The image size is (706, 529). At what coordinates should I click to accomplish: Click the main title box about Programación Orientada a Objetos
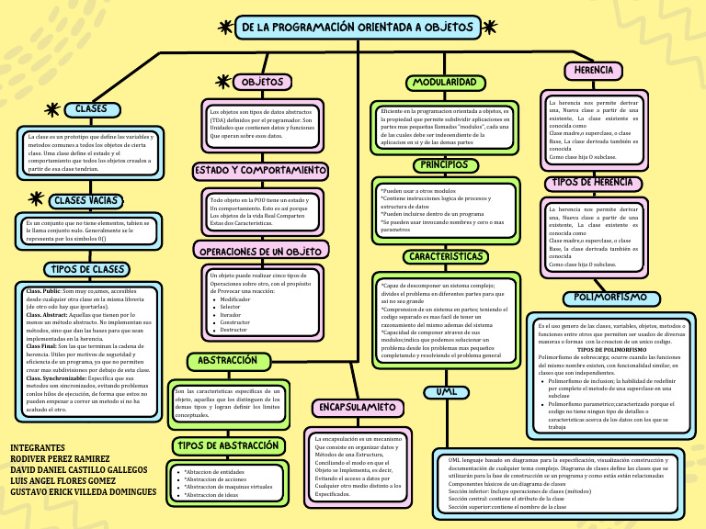tap(358, 28)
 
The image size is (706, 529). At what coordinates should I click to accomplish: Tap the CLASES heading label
tap(92, 109)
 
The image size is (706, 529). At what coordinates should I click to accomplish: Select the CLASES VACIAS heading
tap(85, 200)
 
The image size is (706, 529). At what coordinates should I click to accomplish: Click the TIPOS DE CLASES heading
tap(85, 269)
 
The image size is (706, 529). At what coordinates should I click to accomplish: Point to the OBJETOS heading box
tap(263, 83)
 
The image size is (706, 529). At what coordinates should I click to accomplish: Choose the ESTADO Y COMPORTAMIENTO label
tap(260, 171)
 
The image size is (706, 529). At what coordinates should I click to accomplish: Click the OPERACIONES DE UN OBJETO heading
tap(259, 251)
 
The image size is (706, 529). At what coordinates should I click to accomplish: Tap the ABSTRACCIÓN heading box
tap(227, 361)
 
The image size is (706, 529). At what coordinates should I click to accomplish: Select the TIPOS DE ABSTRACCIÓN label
tap(225, 445)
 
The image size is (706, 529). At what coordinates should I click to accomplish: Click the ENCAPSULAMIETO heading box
tap(357, 406)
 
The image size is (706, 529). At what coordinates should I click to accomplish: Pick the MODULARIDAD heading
tap(444, 83)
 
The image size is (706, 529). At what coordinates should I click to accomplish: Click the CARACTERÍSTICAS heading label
tap(446, 256)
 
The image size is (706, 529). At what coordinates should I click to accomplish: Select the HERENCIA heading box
tap(593, 70)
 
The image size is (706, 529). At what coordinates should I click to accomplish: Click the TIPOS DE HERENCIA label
tap(594, 183)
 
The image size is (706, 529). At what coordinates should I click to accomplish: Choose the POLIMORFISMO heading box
tap(610, 298)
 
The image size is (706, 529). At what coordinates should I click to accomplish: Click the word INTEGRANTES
tap(38, 446)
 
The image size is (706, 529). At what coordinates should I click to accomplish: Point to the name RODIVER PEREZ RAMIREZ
tap(60, 458)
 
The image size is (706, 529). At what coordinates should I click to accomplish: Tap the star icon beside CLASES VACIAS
tap(36, 198)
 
